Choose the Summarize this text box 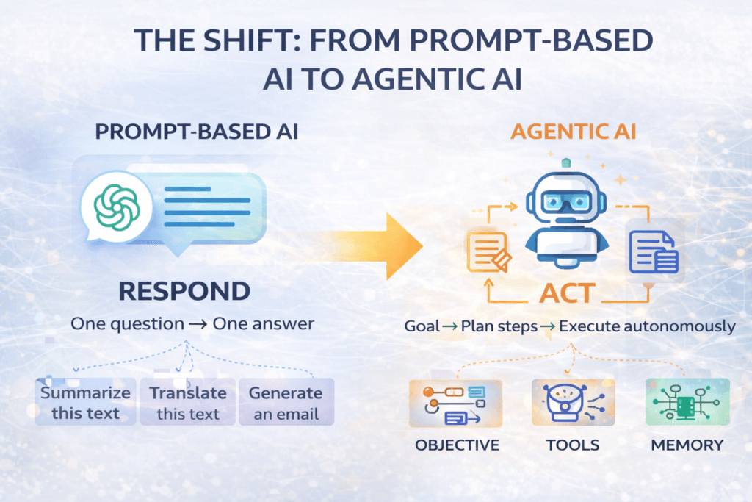click(x=86, y=402)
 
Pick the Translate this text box click(x=187, y=402)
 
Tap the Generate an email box click(x=286, y=402)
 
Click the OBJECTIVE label click(x=457, y=445)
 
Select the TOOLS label click(x=573, y=445)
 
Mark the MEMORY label click(x=687, y=445)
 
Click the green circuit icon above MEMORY click(x=687, y=403)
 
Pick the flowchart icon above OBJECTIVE click(x=455, y=403)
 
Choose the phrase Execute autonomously click(x=647, y=326)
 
